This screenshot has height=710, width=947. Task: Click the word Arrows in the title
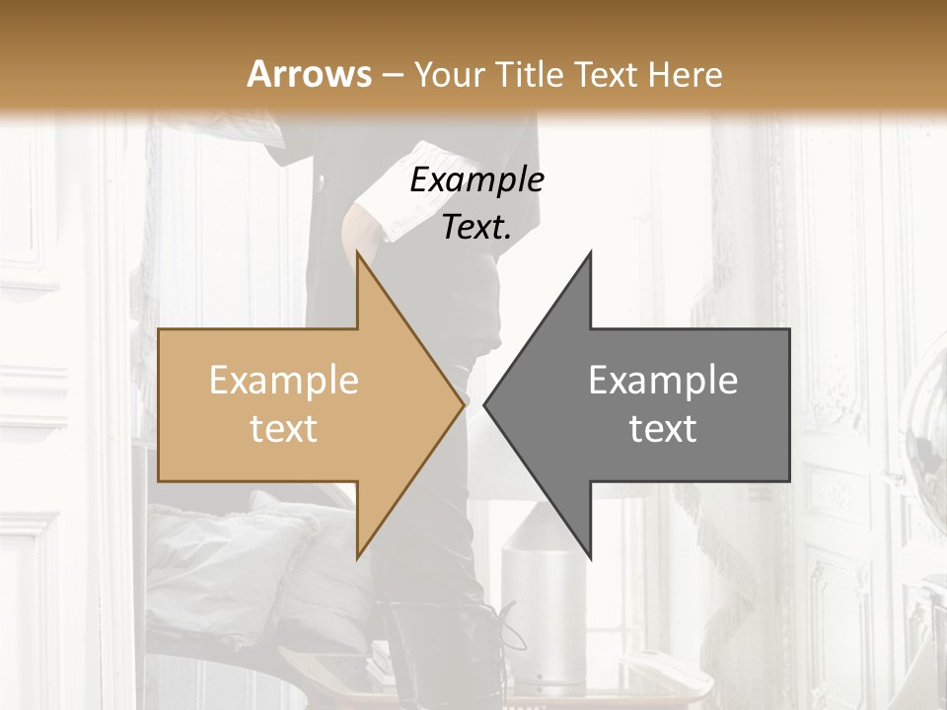click(310, 74)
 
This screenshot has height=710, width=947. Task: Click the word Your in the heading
click(450, 74)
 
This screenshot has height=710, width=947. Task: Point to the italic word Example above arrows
click(476, 179)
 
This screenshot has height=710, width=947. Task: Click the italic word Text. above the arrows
click(476, 227)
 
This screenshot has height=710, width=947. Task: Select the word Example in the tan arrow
click(284, 380)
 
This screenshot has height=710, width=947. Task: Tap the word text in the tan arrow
click(284, 429)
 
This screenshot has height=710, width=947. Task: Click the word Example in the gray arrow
click(663, 380)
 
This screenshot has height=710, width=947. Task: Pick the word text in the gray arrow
click(663, 429)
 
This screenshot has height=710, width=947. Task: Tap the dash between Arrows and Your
click(392, 75)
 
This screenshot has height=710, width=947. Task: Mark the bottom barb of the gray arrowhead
click(590, 554)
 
